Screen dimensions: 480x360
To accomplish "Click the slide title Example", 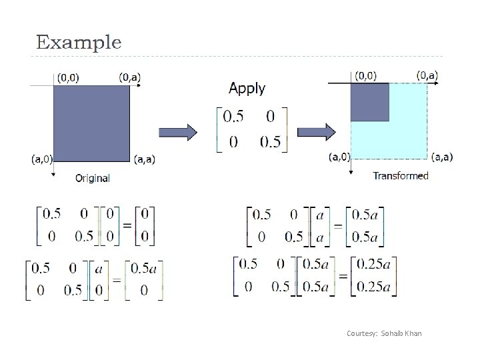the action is point(79,43).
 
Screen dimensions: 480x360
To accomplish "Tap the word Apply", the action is point(247,88).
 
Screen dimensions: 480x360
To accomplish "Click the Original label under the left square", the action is point(93,178).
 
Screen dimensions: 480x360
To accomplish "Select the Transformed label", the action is point(400,176).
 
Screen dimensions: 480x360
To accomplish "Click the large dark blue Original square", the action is point(91,123).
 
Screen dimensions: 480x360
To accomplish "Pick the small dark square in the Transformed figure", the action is point(369,101).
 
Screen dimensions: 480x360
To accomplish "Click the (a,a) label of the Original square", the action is point(146,159).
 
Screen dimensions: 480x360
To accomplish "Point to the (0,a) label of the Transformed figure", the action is point(427,75).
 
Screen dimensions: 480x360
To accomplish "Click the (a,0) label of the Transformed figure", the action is point(339,157).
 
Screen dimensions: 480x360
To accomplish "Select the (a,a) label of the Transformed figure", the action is point(441,157).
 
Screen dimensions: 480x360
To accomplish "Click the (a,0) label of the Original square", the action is point(42,159).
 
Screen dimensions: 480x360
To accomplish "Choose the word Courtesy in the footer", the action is point(361,333).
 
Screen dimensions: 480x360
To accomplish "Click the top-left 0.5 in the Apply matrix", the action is point(233,117).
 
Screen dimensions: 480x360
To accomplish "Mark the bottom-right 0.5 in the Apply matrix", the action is point(270,143).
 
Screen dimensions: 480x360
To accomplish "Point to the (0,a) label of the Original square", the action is point(130,77).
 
